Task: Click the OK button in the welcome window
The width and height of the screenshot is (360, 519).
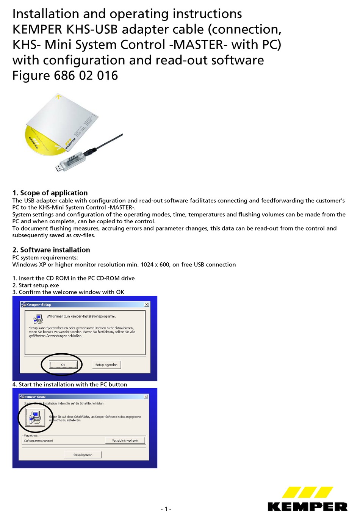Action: tap(63, 365)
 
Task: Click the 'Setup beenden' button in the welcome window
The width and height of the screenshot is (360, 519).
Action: tap(106, 365)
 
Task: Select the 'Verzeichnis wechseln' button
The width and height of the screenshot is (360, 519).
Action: tap(125, 441)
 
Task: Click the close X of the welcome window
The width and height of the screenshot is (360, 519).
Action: tap(147, 304)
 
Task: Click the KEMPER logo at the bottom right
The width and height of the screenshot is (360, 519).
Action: tap(307, 499)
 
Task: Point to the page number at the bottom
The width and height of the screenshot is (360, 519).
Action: tap(166, 509)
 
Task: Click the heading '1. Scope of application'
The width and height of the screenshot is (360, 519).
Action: tap(50, 193)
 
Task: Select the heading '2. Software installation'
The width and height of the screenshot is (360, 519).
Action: tap(51, 250)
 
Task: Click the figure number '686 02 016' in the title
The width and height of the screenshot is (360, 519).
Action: tap(86, 75)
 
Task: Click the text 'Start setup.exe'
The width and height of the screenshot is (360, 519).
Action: tap(39, 285)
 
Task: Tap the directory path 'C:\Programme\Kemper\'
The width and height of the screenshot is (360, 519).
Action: tap(38, 441)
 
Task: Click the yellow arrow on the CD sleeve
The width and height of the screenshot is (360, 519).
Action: tap(58, 97)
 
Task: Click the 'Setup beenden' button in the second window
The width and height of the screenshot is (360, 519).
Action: tap(83, 455)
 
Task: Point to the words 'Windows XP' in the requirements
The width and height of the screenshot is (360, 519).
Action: tap(29, 265)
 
